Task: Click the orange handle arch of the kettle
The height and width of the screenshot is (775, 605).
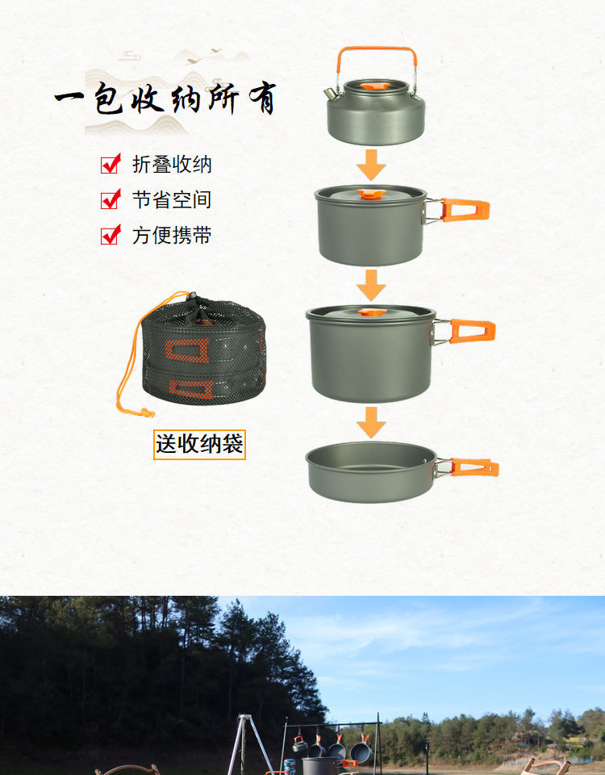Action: pos(376,50)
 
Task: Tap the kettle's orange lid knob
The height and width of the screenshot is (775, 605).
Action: pos(373,85)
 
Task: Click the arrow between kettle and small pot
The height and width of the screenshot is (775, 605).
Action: pos(371,165)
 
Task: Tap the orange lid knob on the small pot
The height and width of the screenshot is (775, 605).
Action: pos(371,194)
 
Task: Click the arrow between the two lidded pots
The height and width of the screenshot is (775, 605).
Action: pos(371,285)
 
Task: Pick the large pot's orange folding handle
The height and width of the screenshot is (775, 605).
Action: pos(472,331)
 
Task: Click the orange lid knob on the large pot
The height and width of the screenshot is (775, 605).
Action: pos(371,312)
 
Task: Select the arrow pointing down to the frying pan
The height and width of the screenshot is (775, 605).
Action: pos(371,422)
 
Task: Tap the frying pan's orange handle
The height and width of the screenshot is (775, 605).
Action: pos(474,467)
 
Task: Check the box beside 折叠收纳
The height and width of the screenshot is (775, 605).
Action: pos(111,164)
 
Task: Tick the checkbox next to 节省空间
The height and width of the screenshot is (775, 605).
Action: pos(111,199)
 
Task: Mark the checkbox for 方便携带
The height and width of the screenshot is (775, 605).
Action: pos(111,235)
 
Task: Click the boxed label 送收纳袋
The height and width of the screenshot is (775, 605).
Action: pos(199,444)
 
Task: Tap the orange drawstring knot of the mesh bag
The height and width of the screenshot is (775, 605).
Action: pos(146,413)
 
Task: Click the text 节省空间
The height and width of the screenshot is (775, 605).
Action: pos(172,199)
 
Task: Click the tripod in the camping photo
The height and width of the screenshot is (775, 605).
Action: pos(242,743)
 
